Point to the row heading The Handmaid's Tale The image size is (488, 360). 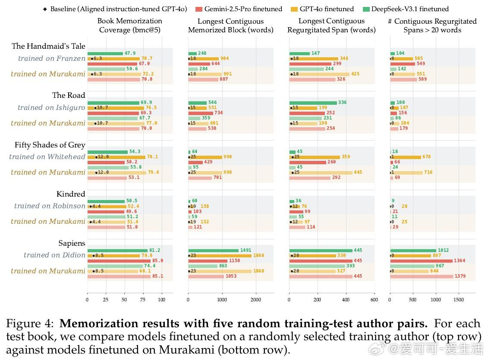[48, 46]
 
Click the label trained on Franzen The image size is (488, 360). [52, 58]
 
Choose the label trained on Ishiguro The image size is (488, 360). [51, 107]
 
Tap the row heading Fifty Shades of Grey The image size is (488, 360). [50, 145]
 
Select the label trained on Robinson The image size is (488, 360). [50, 206]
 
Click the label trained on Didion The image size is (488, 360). [54, 255]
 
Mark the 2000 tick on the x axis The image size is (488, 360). [256, 300]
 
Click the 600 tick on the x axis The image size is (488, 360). [374, 300]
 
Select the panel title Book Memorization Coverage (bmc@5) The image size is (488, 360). [129, 25]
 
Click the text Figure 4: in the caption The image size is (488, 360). [31, 324]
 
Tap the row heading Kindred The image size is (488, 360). [71, 194]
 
